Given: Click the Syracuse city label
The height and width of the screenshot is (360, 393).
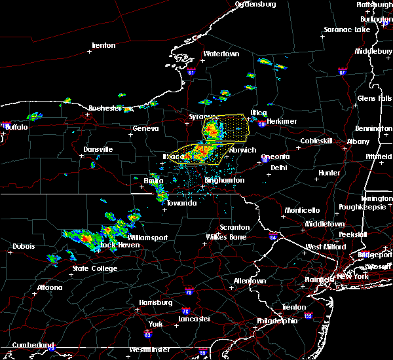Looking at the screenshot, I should (x=198, y=117).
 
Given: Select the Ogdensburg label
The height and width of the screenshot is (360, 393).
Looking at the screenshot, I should (x=255, y=4).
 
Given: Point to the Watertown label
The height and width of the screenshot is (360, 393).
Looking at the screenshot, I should (x=221, y=54).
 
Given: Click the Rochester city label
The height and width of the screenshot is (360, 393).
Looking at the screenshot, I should (x=105, y=108).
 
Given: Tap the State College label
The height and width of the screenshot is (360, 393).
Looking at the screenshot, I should (x=95, y=268).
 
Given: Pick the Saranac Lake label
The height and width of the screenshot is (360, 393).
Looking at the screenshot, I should (x=346, y=30).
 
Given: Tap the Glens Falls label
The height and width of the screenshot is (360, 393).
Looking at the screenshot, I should (x=373, y=98).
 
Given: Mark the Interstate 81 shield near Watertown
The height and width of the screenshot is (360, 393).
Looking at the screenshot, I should (x=190, y=72).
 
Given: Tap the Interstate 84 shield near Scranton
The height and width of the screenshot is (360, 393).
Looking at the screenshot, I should (x=272, y=237).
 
